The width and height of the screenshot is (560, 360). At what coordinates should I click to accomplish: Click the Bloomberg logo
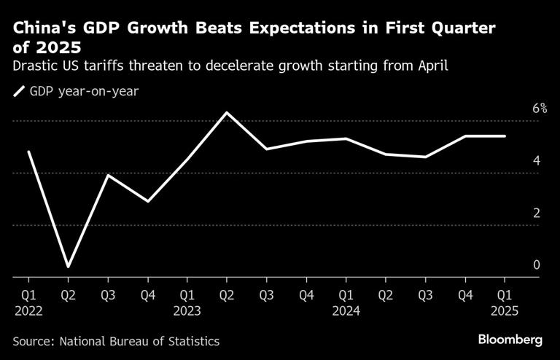510,340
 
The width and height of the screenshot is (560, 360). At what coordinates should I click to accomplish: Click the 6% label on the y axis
540,109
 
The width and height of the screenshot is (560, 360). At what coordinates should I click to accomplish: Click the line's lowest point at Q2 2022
68,267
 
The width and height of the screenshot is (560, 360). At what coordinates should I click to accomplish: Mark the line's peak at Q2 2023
227,113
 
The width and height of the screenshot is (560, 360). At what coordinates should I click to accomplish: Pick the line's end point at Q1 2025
505,136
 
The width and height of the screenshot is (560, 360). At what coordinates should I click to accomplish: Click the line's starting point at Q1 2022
28,152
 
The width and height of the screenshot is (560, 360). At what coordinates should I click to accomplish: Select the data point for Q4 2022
148,201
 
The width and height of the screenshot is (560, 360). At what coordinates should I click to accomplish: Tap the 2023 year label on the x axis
187,311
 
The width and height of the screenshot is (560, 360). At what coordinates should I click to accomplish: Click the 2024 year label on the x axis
346,311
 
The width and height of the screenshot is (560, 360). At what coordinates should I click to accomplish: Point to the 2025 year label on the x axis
505,311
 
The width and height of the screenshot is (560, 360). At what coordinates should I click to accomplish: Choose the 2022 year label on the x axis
28,311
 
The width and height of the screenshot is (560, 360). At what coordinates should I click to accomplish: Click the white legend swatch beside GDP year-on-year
18,92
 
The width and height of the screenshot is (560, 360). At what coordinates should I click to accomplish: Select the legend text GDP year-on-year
73,92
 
